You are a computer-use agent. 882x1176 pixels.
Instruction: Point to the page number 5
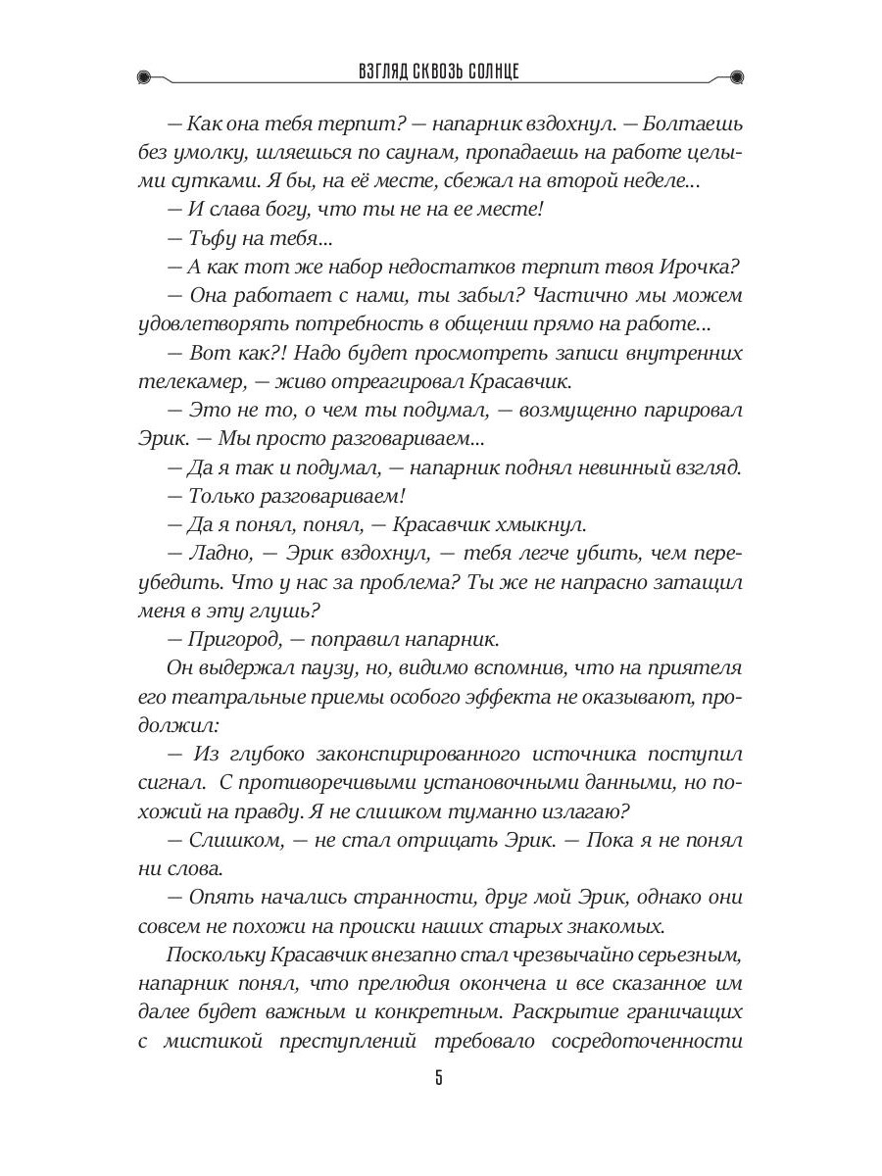[x=439, y=1080]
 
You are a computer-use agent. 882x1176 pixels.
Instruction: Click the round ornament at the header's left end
[x=144, y=76]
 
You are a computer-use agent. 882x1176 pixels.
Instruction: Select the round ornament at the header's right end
[x=738, y=76]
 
